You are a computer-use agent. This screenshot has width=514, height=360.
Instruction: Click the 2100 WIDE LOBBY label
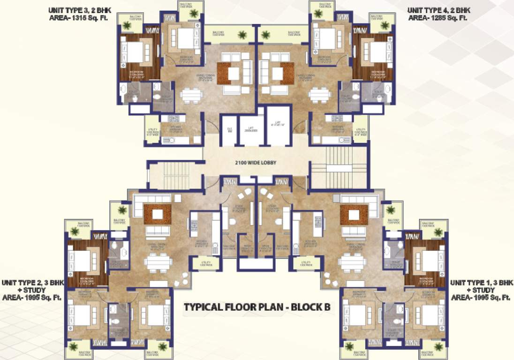point(256,163)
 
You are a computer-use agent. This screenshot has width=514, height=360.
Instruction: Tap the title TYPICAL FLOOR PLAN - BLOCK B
point(257,308)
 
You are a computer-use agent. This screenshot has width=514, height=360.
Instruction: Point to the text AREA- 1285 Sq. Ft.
point(438,18)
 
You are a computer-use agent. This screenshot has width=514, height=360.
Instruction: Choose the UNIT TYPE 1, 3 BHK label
point(482,283)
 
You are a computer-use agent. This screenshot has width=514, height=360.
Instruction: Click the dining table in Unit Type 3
point(191,95)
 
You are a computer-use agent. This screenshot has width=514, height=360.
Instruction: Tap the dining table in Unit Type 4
point(319,95)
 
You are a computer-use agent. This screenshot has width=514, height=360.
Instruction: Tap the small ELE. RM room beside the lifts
point(229,130)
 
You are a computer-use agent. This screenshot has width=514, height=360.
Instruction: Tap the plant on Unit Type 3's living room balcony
point(242,35)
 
